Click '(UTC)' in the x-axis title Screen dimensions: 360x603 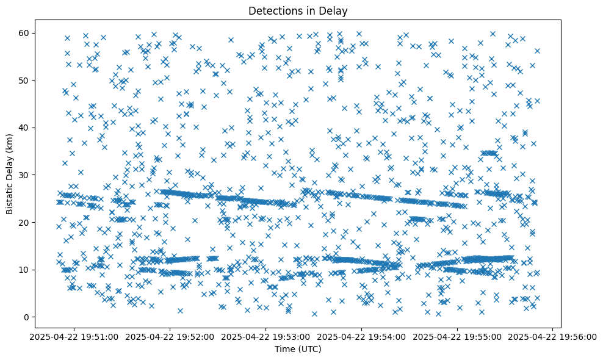pyautogui.click(x=311, y=350)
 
